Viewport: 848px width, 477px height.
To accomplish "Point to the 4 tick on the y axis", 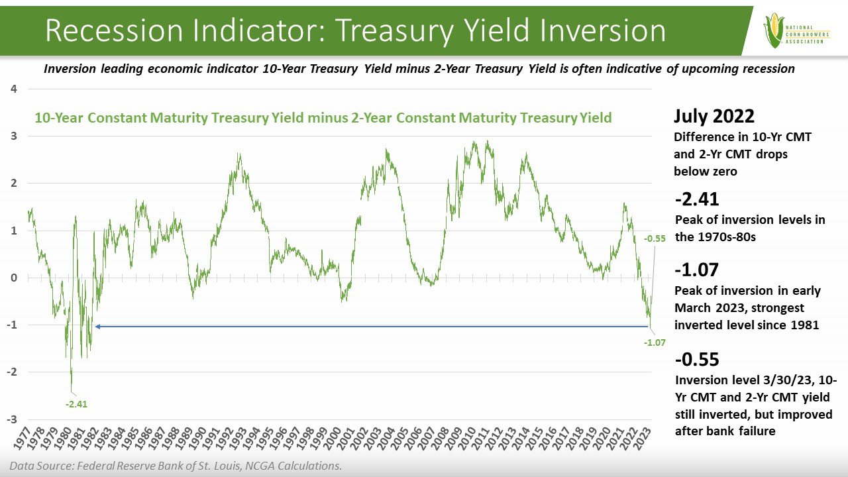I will pyautogui.click(x=14, y=89).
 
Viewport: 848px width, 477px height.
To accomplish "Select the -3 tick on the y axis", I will pyautogui.click(x=12, y=419).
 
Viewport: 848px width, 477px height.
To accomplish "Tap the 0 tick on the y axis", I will pyautogui.click(x=14, y=278).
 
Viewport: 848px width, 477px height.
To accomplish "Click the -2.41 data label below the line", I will pyautogui.click(x=76, y=403).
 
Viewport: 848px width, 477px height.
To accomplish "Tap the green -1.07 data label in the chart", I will pyautogui.click(x=654, y=343).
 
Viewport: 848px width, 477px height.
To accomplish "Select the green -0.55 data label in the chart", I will pyautogui.click(x=654, y=238).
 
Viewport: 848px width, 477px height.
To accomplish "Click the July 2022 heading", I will pyautogui.click(x=714, y=117).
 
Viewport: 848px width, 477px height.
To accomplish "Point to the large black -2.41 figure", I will pyautogui.click(x=696, y=199).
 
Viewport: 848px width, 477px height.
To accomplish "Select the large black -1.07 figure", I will pyautogui.click(x=696, y=270).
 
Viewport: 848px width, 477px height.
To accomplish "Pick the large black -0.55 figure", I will pyautogui.click(x=697, y=360).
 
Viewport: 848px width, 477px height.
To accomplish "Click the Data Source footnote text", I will pyautogui.click(x=176, y=466).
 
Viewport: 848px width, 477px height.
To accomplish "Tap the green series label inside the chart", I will pyautogui.click(x=323, y=118).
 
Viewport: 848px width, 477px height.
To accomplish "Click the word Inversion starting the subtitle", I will pyautogui.click(x=70, y=69).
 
